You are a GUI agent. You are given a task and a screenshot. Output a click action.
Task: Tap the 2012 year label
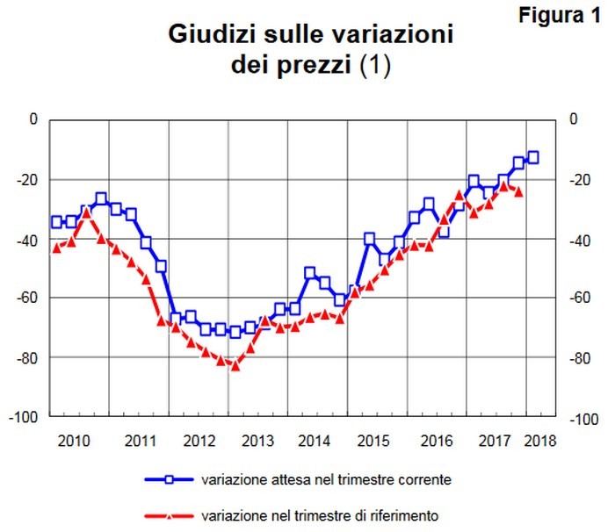199,440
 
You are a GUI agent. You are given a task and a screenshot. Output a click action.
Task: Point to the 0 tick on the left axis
34,120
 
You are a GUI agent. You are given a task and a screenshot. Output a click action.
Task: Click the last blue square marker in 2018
532,158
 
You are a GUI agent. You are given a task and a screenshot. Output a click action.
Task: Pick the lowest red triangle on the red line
235,365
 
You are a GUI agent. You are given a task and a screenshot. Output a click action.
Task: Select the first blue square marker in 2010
56,222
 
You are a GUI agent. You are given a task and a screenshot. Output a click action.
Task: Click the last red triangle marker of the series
518,191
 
